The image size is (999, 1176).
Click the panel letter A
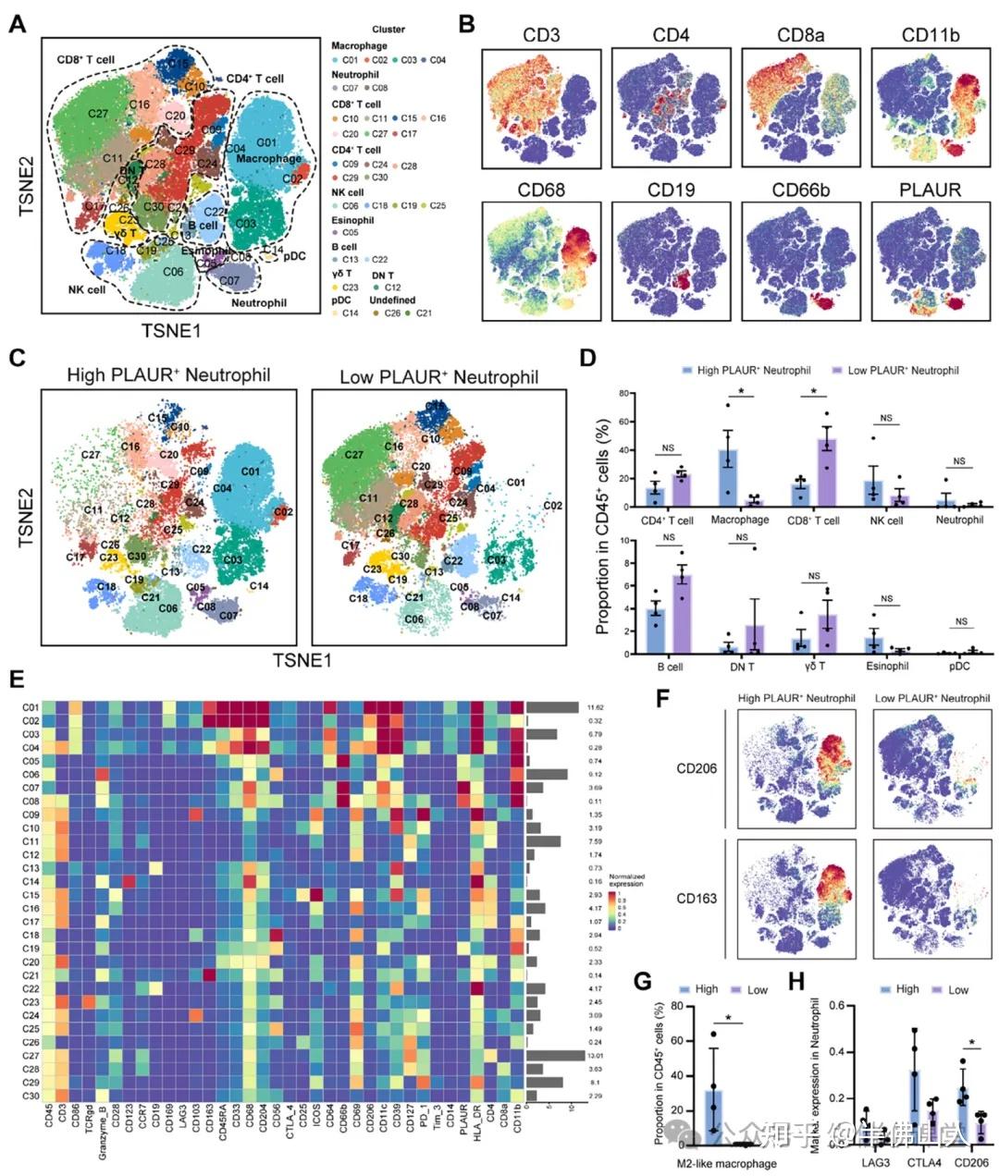click(16, 25)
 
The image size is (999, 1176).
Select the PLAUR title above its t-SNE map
click(929, 190)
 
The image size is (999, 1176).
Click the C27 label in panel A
click(99, 113)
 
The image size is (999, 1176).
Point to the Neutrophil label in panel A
click(258, 302)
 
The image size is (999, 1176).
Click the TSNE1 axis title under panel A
click(170, 329)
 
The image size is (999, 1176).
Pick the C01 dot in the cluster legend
click(337, 60)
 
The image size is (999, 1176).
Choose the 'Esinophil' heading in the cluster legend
click(352, 221)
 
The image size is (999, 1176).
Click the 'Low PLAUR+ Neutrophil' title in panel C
click(438, 376)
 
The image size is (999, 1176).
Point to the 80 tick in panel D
click(625, 393)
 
